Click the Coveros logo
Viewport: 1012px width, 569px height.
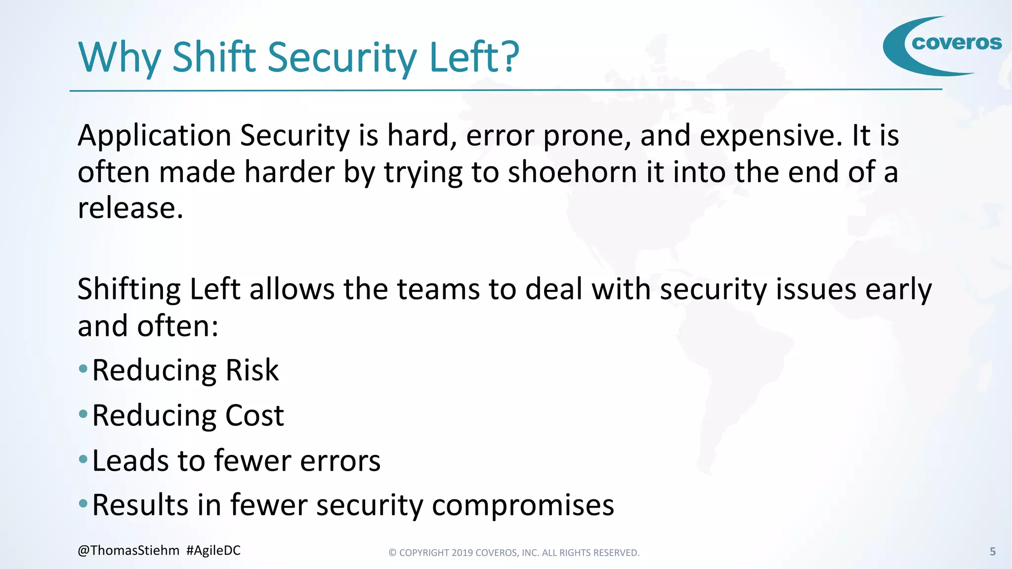click(x=942, y=45)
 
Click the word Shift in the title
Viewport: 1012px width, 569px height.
click(x=214, y=57)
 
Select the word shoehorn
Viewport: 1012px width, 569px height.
click(x=572, y=173)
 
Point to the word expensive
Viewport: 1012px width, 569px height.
click(x=770, y=136)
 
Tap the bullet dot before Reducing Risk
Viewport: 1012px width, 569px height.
click(x=83, y=368)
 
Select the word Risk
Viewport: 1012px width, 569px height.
click(x=252, y=370)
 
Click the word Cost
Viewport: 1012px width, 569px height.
click(x=254, y=416)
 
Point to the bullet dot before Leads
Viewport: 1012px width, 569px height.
click(x=83, y=459)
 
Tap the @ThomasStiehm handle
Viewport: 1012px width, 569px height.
click(x=128, y=551)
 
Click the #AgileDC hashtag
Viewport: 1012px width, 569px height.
click(x=213, y=551)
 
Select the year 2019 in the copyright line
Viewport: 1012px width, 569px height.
click(x=462, y=553)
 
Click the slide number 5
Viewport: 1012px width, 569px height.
click(x=992, y=552)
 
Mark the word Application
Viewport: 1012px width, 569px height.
click(x=154, y=136)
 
